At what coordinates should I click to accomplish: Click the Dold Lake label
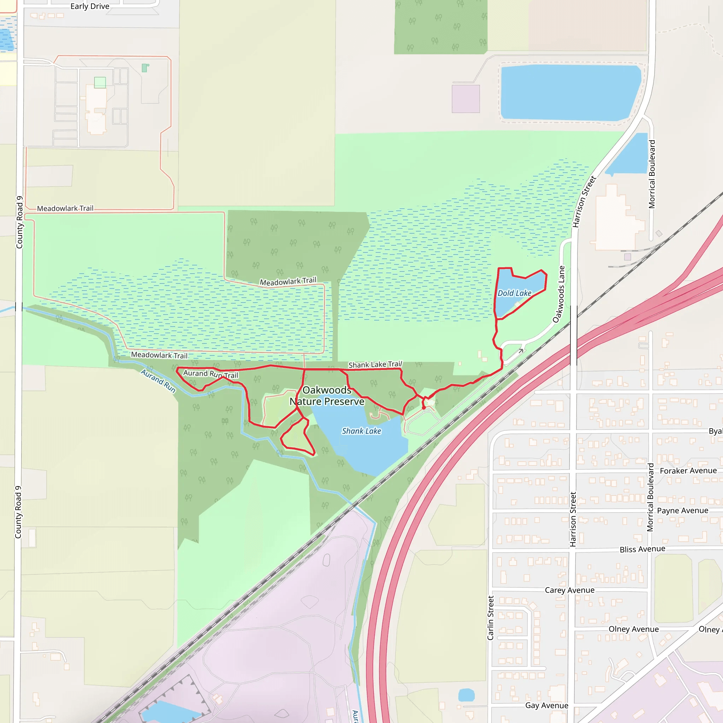514,293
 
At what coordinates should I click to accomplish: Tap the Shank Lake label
361,431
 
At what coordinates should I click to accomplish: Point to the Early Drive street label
90,6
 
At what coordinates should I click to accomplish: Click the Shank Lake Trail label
375,364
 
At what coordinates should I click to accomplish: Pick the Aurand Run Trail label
210,374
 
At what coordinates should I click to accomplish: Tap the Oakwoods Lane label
559,294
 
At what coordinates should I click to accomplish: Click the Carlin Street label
491,618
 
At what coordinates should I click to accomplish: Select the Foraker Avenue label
688,471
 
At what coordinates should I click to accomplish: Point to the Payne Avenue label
683,511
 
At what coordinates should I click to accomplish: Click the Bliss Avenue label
642,549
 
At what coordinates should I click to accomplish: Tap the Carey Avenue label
569,590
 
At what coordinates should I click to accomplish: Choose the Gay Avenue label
547,705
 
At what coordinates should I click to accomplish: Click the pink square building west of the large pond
466,99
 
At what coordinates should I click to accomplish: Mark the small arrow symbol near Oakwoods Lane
521,351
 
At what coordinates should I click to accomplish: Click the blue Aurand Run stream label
158,381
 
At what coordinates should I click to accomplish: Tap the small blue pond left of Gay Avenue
466,695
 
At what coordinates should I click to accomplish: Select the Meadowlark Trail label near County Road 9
65,208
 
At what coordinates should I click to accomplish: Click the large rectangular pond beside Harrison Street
570,93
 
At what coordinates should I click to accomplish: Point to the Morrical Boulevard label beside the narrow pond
652,174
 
